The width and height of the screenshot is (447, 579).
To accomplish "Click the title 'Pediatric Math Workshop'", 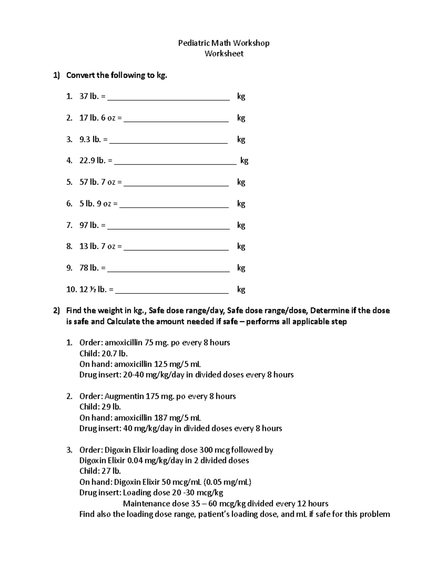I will point(223,43).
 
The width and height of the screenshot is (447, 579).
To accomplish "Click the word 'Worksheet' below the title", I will point(224,54).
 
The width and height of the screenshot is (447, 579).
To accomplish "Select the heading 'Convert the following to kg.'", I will point(117,75).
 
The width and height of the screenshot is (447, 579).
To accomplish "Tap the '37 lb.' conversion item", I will point(89,97).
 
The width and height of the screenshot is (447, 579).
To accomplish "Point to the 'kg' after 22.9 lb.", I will point(244,161).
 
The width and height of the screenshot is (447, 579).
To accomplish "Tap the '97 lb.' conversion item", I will point(89,225).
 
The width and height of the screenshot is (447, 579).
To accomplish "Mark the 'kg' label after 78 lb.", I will point(241,268).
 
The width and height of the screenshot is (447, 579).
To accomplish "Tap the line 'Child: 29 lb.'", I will point(100,407).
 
